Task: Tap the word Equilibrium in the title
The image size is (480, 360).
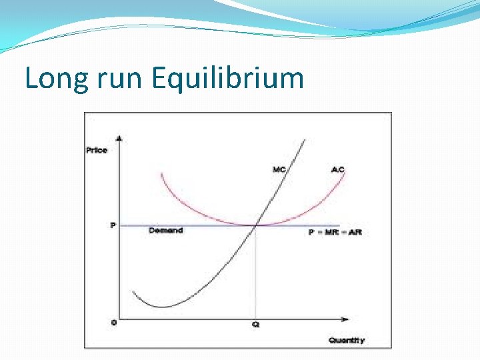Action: click(x=227, y=79)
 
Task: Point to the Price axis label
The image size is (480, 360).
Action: click(x=97, y=150)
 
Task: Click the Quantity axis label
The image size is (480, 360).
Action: click(x=347, y=340)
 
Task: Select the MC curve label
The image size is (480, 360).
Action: click(x=279, y=169)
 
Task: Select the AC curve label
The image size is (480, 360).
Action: click(x=338, y=169)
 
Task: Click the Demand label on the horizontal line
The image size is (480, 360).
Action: click(x=165, y=231)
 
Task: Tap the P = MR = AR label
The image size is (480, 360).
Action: click(x=335, y=232)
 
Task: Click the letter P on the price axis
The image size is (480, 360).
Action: click(x=113, y=225)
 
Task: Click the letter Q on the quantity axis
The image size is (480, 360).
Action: click(x=255, y=325)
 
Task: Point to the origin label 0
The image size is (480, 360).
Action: click(x=113, y=323)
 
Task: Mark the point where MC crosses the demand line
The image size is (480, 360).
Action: click(x=256, y=225)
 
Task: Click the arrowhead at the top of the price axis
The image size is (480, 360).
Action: click(x=119, y=138)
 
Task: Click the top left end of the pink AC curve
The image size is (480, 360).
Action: click(x=161, y=174)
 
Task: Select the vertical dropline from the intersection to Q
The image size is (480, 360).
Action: click(x=256, y=273)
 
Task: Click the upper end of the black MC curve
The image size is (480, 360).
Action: click(x=305, y=140)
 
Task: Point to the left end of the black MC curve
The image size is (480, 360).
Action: click(x=133, y=292)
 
